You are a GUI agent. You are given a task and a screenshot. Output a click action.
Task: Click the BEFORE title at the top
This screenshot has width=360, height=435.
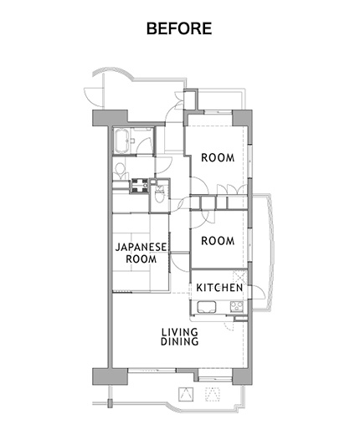point(179,28)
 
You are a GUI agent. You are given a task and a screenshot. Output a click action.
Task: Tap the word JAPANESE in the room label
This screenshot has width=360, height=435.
point(141,247)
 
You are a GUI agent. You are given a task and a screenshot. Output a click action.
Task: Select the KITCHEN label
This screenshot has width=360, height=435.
point(219,288)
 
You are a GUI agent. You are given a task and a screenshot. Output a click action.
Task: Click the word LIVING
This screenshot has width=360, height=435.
point(180,332)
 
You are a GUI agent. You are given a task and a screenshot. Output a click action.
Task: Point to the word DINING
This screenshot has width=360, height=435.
point(180,341)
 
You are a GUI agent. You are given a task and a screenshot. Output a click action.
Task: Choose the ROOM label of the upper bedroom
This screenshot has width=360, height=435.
point(218,158)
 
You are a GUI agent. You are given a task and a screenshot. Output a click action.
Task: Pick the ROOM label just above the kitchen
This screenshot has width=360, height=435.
point(218,241)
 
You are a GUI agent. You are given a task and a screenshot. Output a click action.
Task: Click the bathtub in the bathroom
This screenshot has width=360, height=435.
point(121,141)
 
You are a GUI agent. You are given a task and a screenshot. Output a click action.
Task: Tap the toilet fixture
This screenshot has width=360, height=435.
point(160,193)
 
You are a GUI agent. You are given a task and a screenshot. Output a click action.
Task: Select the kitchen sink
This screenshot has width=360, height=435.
point(207,307)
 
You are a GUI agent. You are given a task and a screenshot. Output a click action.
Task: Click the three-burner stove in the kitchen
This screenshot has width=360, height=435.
point(237,307)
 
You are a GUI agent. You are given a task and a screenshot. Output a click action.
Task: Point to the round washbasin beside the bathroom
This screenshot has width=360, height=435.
point(120,170)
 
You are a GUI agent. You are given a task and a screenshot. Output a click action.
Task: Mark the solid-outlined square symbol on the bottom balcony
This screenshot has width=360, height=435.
point(186,394)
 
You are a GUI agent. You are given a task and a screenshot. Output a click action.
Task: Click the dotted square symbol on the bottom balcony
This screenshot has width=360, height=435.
point(213,394)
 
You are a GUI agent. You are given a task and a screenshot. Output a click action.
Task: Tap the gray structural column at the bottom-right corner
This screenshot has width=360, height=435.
point(242,376)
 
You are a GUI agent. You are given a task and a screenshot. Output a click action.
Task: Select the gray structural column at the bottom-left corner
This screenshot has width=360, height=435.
point(110,376)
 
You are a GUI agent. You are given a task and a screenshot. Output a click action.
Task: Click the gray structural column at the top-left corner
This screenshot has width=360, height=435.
point(110,118)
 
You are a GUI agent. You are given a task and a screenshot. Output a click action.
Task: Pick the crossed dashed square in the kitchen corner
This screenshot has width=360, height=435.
point(240,277)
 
